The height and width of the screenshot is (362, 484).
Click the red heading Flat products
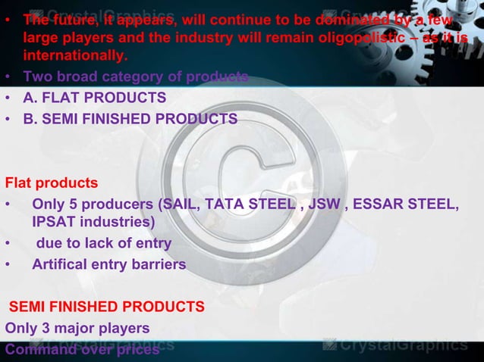point(51,183)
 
